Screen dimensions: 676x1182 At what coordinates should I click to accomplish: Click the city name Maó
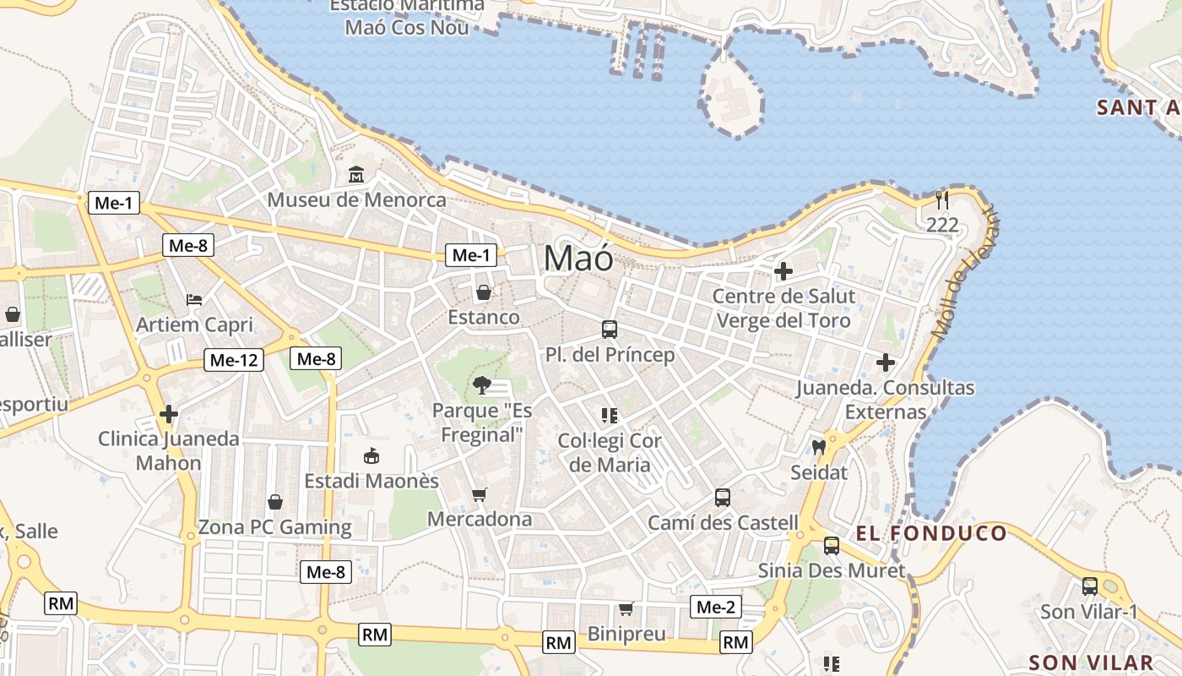point(578,258)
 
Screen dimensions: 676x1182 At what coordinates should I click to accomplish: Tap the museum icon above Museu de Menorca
point(356,175)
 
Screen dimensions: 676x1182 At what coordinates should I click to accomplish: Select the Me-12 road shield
point(234,360)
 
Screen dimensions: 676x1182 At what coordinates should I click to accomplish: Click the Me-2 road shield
point(716,607)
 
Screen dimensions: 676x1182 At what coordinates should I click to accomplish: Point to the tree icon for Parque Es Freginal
point(482,385)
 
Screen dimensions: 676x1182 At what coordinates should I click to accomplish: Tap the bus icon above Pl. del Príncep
point(610,330)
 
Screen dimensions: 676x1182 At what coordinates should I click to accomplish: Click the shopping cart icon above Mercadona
point(480,494)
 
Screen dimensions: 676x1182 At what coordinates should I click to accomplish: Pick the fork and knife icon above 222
point(942,200)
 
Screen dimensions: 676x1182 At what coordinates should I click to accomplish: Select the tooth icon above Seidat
point(818,447)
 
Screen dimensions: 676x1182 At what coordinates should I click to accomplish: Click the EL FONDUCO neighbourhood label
point(931,533)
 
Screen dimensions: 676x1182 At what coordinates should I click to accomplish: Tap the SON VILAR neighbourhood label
point(1091,662)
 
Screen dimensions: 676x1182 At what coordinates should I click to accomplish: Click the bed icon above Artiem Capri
point(194,300)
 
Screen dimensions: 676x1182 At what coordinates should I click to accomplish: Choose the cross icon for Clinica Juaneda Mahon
point(169,414)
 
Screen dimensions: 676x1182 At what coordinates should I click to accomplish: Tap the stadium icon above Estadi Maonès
point(371,456)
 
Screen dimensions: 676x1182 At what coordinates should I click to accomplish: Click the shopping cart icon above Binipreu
point(626,608)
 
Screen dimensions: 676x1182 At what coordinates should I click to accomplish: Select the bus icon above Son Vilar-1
point(1090,586)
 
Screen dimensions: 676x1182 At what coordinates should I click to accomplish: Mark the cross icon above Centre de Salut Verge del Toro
point(783,271)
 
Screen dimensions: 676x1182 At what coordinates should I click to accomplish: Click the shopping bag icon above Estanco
point(484,292)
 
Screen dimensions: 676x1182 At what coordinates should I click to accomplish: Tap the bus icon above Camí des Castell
point(722,498)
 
